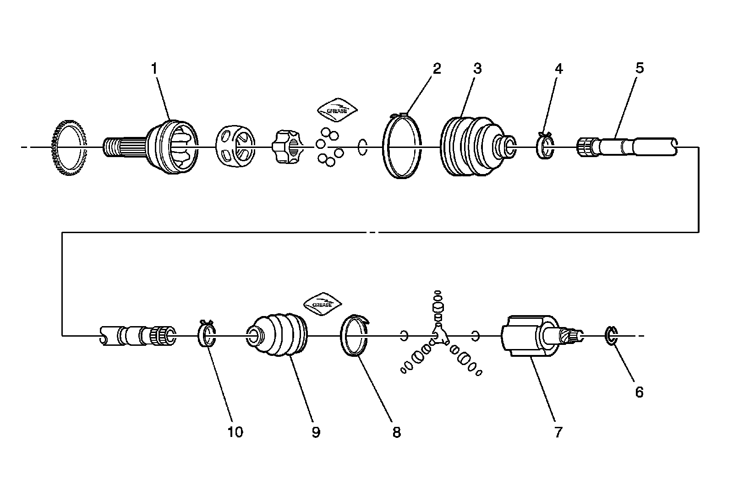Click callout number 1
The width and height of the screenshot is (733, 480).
(154, 69)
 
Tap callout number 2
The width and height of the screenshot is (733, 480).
(437, 69)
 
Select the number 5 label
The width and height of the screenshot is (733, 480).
(639, 68)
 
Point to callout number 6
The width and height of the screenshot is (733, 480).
(639, 392)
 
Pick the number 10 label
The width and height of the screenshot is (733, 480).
(235, 431)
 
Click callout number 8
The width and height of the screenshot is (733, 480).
(396, 432)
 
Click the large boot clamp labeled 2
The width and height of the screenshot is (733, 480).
(402, 146)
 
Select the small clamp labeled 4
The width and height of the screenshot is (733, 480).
(545, 146)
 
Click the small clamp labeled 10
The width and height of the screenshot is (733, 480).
(207, 336)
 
